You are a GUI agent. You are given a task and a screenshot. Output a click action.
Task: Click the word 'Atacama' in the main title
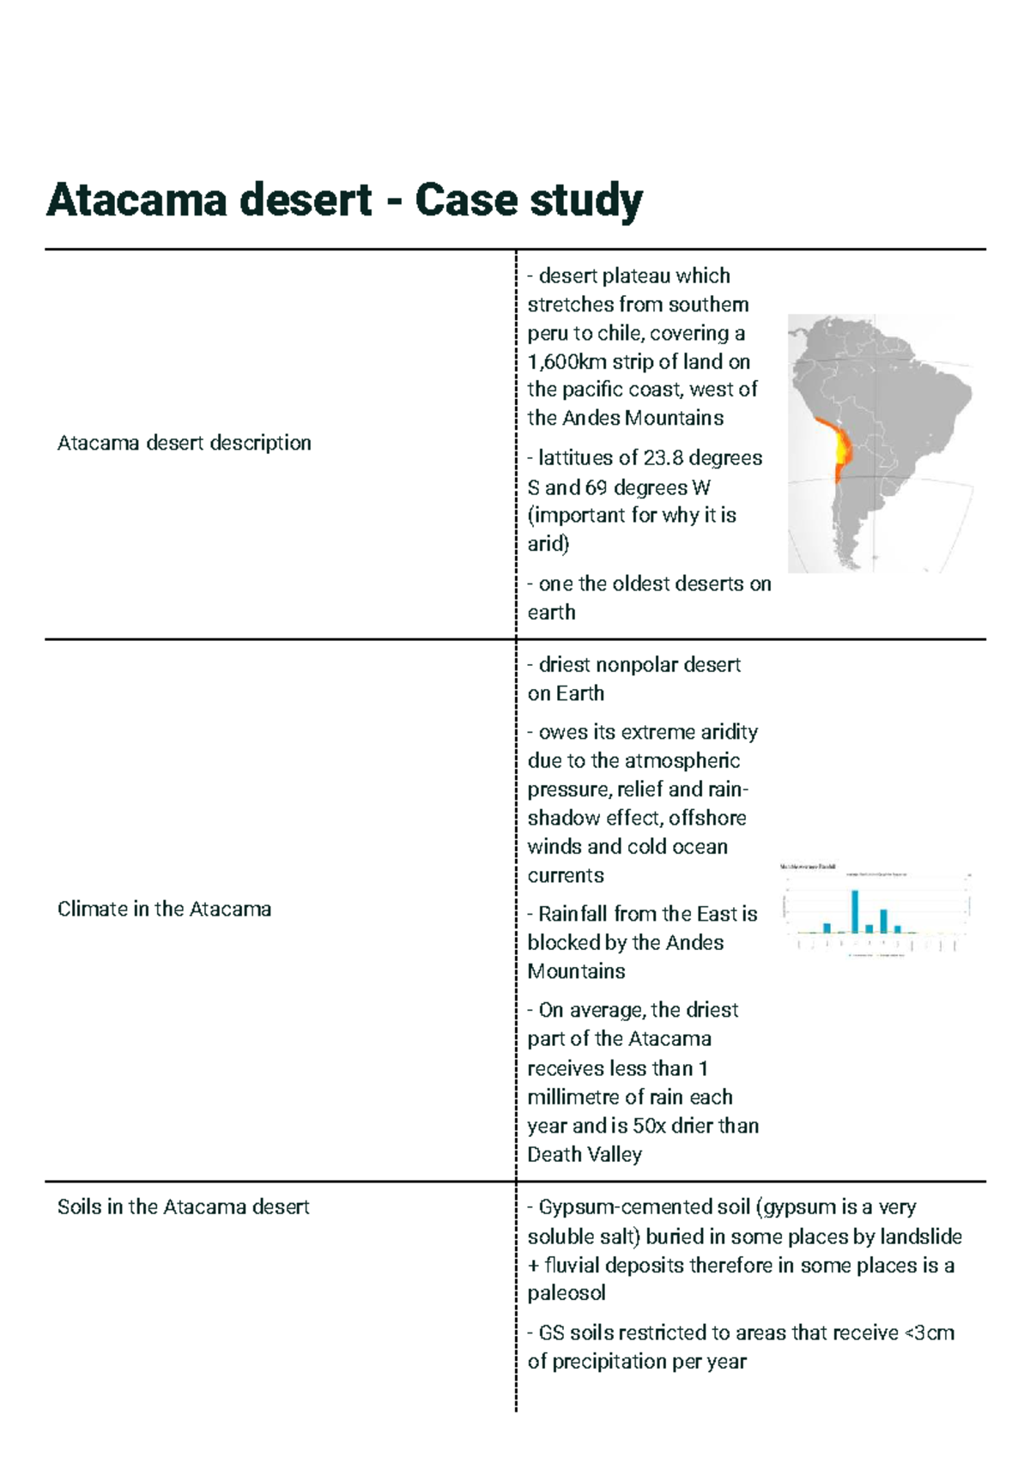click(136, 200)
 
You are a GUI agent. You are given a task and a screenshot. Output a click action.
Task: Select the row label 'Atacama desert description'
click(184, 443)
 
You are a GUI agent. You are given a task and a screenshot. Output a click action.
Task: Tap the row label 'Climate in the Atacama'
click(164, 909)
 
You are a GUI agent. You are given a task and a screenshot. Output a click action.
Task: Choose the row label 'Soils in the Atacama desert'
click(183, 1206)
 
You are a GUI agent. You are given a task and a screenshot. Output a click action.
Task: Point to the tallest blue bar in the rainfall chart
click(855, 911)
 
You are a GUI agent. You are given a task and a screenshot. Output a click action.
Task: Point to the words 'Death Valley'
click(585, 1154)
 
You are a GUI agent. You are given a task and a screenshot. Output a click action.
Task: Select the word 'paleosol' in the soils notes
click(566, 1293)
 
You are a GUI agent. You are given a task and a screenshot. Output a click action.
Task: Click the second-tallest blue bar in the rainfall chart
click(883, 921)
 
